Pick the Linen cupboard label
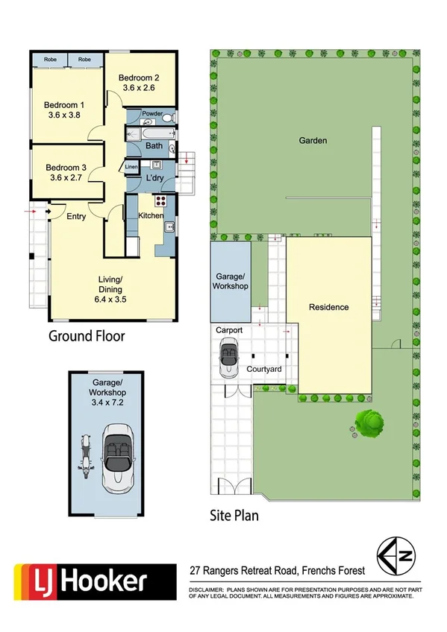131,167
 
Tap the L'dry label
155,178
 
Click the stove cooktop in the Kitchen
159,200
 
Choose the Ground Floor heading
87,335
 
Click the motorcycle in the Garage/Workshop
85,458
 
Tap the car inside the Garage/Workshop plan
118,456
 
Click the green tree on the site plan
369,424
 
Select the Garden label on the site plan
313,140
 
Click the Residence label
329,306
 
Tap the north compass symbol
400,557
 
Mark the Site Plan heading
234,514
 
